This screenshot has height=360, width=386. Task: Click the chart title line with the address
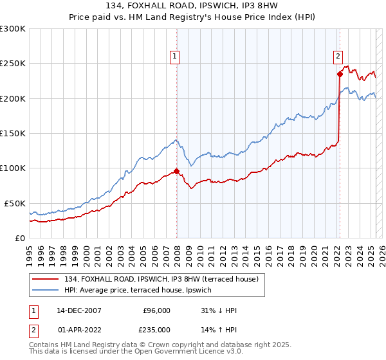coord(192,6)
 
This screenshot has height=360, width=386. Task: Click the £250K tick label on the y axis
coord(13,64)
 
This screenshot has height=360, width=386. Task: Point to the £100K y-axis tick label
coord(13,168)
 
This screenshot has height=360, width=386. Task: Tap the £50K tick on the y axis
coord(15,203)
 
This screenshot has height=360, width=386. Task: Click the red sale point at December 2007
coord(176,171)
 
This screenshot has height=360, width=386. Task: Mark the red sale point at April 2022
coord(339,74)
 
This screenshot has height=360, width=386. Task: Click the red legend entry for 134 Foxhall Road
coord(161,279)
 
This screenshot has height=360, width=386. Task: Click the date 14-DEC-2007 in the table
coord(79,310)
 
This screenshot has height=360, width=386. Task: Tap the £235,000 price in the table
coord(156,330)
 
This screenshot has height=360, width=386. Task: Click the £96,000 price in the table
coord(156,310)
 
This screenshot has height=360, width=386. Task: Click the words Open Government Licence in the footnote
coord(173,353)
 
